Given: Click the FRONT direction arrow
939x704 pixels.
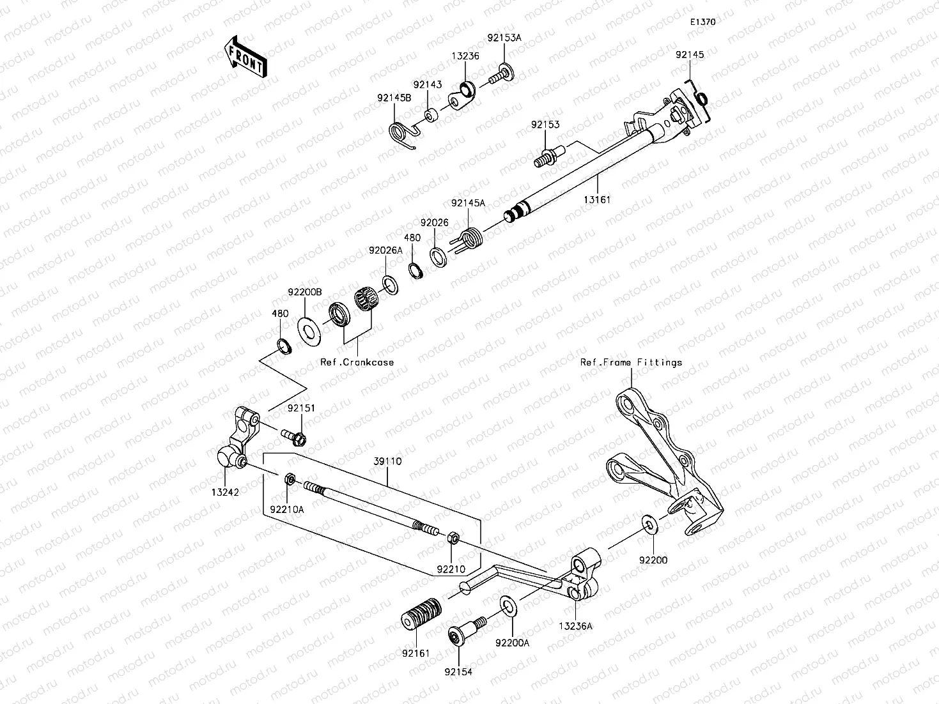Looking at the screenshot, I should [247, 57].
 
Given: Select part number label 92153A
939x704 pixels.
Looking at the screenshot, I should [504, 38].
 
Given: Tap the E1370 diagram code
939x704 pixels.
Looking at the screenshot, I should [702, 22].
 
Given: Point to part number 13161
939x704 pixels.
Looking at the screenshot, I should [596, 199].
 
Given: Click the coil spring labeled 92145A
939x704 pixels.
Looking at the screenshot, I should [472, 240].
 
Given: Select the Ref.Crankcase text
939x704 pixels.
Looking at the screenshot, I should [357, 362].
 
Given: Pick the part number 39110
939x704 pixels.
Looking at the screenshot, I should [388, 461].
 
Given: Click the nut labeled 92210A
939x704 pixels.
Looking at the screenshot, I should [289, 479].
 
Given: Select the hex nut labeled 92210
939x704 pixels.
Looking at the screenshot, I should [451, 538].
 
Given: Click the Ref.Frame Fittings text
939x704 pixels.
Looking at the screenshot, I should [630, 362].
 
